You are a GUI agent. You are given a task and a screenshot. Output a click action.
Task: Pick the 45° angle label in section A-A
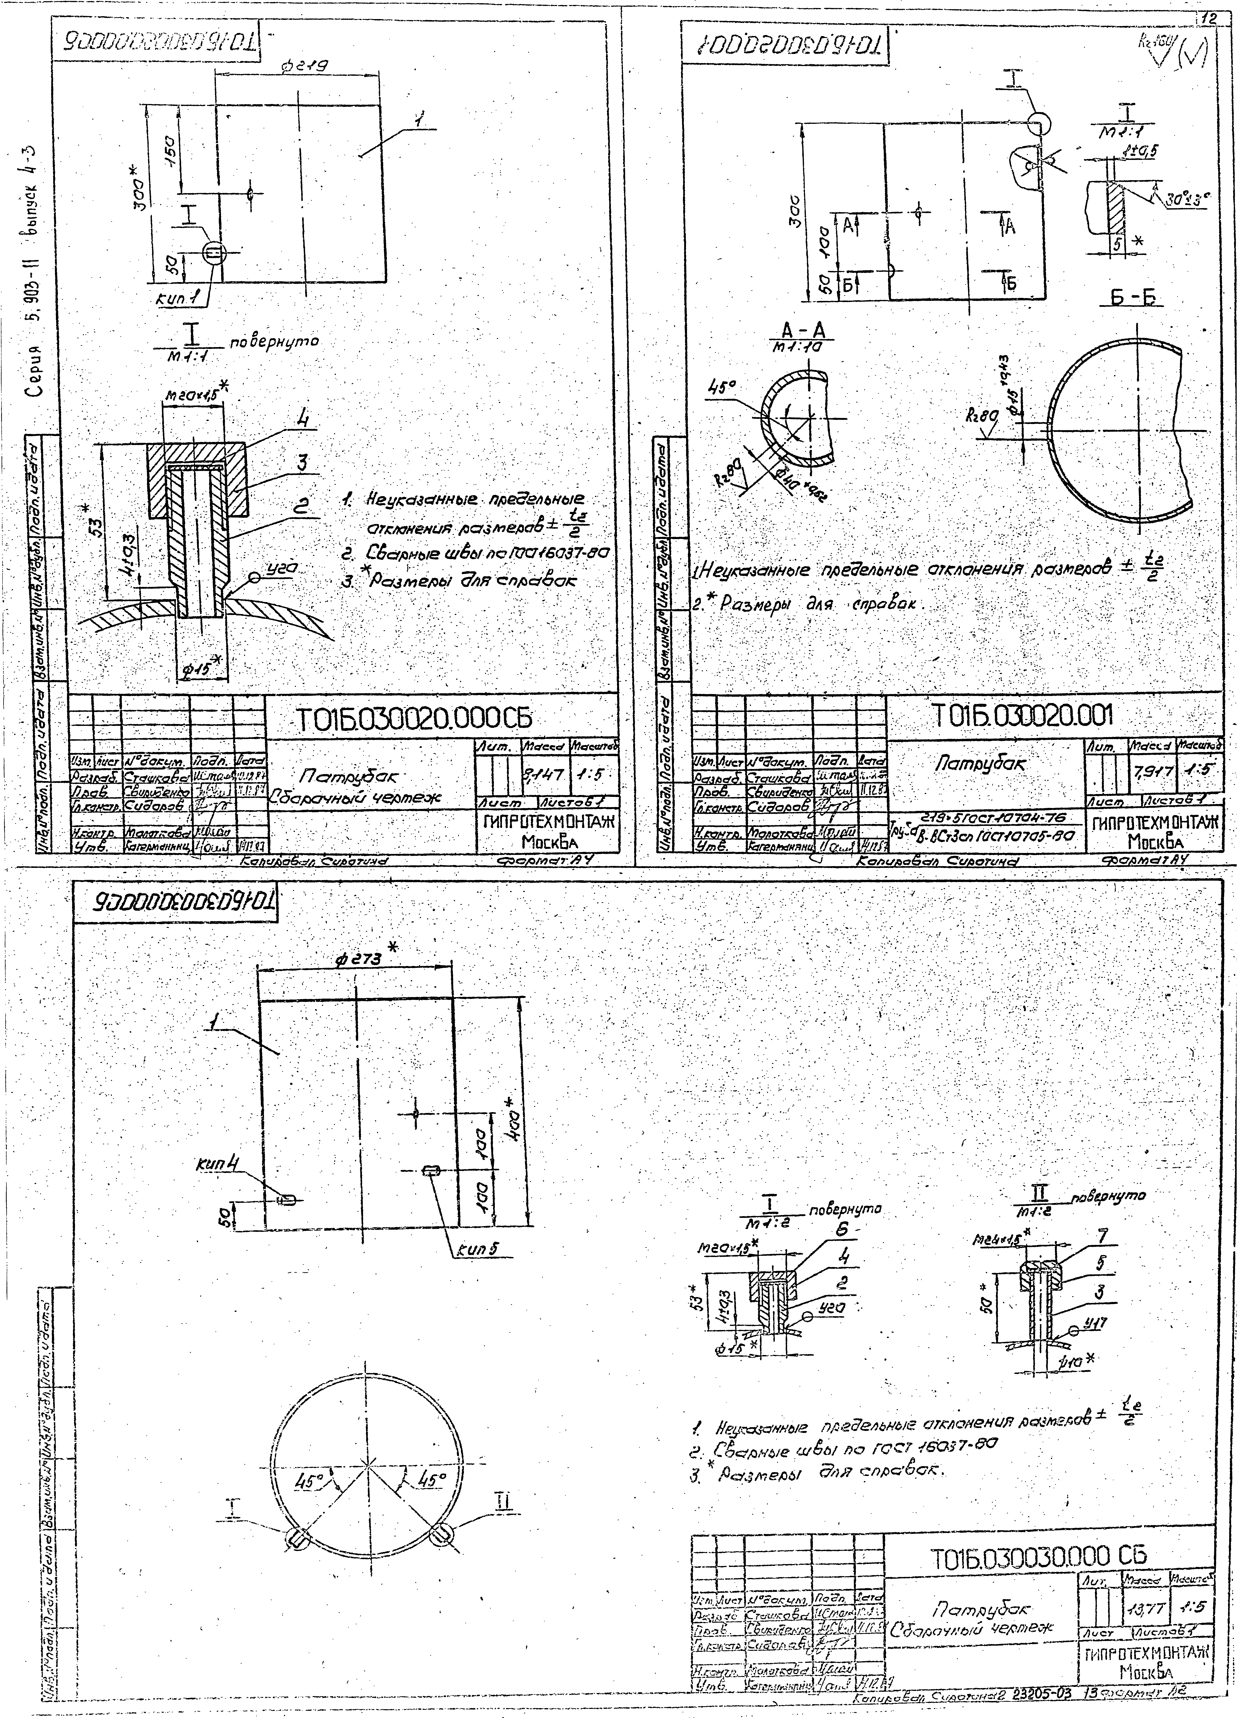(x=717, y=386)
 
